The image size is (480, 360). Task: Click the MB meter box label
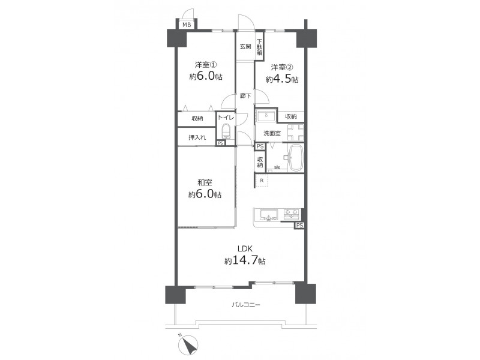tap(187, 25)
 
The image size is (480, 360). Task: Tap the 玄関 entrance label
tap(245, 47)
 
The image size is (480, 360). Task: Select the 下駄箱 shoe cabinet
tap(260, 47)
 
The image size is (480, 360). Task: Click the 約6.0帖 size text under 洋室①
tap(206, 76)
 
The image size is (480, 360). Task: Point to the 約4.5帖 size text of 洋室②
tap(282, 79)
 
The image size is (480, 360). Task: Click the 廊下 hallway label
tap(245, 96)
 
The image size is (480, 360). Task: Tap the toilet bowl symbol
tap(226, 131)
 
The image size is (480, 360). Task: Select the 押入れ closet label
tap(197, 137)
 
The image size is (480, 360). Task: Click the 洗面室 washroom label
tap(272, 133)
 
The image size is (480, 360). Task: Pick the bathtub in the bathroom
tap(296, 158)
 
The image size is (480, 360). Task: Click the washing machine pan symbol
tap(295, 132)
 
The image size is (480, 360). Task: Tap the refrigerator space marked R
tap(262, 181)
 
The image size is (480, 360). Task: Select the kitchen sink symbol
tap(269, 215)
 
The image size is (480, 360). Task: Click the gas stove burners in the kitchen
tap(292, 214)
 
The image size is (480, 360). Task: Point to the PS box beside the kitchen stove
tap(299, 226)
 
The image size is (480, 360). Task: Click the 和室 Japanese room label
tap(205, 183)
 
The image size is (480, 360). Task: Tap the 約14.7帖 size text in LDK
tap(245, 260)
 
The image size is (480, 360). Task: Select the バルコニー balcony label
tap(246, 305)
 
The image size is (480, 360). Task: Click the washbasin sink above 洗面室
tap(266, 116)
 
